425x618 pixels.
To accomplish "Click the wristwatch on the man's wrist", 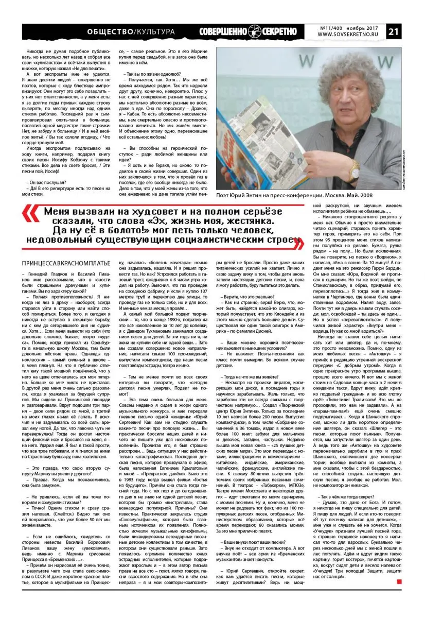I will [x=355, y=166].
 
